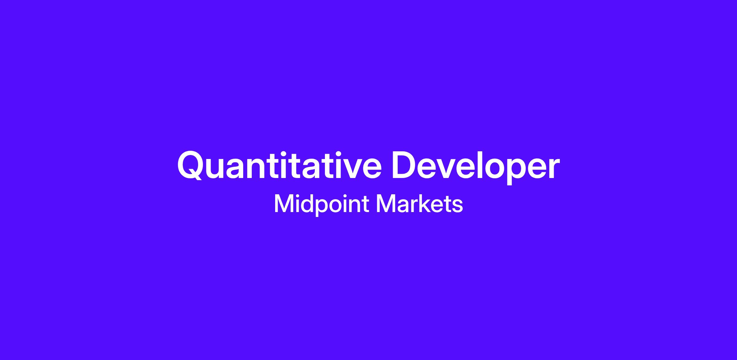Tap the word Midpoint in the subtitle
pos(321,204)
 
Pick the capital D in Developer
pos(404,165)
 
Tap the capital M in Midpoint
pos(284,203)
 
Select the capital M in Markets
pos(386,203)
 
